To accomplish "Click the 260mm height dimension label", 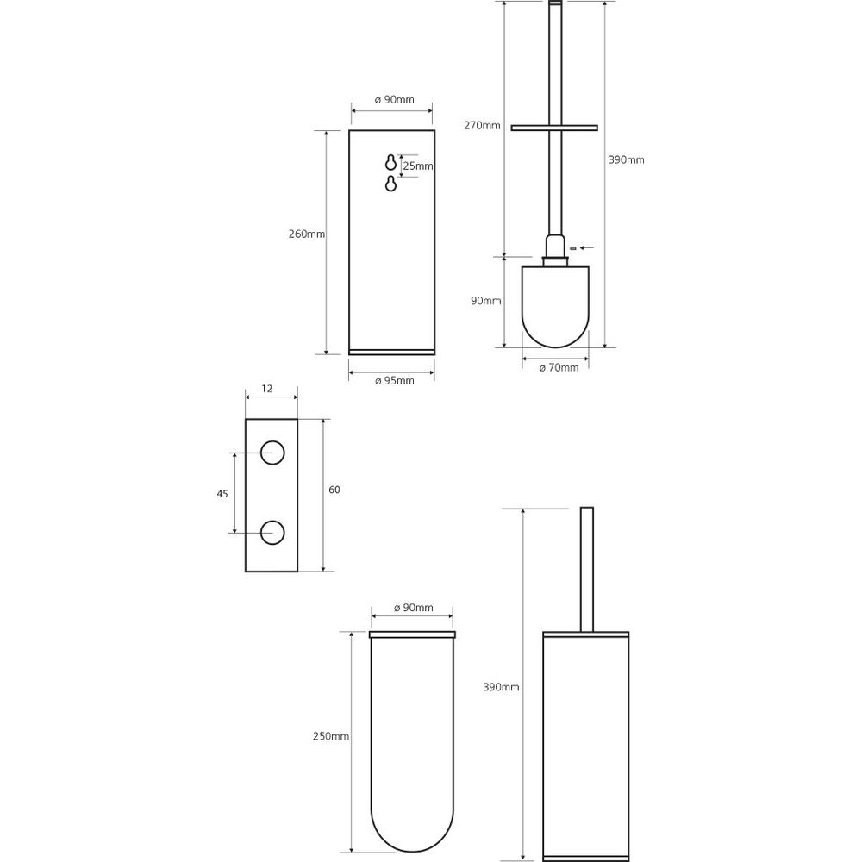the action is point(307,234).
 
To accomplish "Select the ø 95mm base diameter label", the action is point(395,380).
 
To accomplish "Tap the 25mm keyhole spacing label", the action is point(418,166).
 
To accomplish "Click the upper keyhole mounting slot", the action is point(390,163).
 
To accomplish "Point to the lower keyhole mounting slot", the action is point(390,184).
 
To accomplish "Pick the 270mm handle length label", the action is point(482,125).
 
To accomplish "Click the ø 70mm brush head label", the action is point(559,368).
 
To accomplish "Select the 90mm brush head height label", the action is point(486,301).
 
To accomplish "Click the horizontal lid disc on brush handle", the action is point(554,128).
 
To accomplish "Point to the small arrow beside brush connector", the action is point(587,248).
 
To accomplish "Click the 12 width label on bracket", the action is point(266,389).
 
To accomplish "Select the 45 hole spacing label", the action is point(222,494).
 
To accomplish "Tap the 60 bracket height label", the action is point(334,490).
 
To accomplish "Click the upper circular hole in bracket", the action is point(272,453).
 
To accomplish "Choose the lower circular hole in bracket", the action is point(272,532).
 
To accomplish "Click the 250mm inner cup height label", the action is point(331,736).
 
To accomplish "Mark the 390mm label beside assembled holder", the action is point(502,687).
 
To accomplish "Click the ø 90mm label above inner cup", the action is point(414,608).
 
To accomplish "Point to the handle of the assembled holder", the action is point(586,569).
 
